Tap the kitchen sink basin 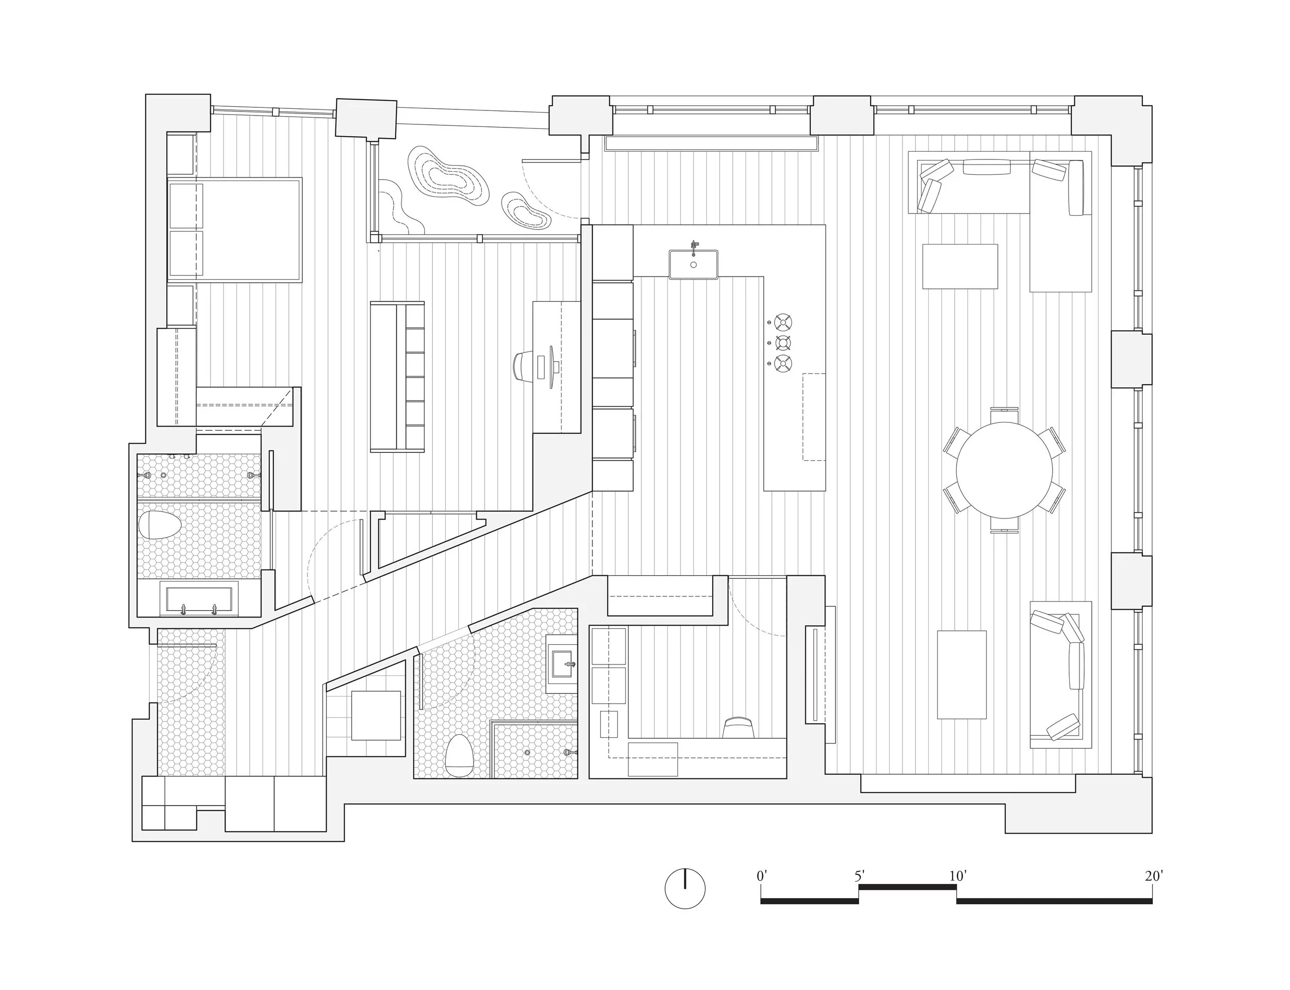tap(693, 265)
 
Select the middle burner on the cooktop tap(783, 343)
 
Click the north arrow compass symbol tap(685, 888)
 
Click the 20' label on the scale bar tap(1153, 875)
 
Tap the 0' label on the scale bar tap(762, 875)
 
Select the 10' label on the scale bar tap(957, 875)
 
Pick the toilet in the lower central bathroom tap(459, 755)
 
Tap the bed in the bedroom tap(235, 229)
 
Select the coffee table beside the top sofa tap(959, 266)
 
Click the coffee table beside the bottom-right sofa tap(961, 674)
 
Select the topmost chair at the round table tap(1004, 414)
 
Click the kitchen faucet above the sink tap(694, 245)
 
